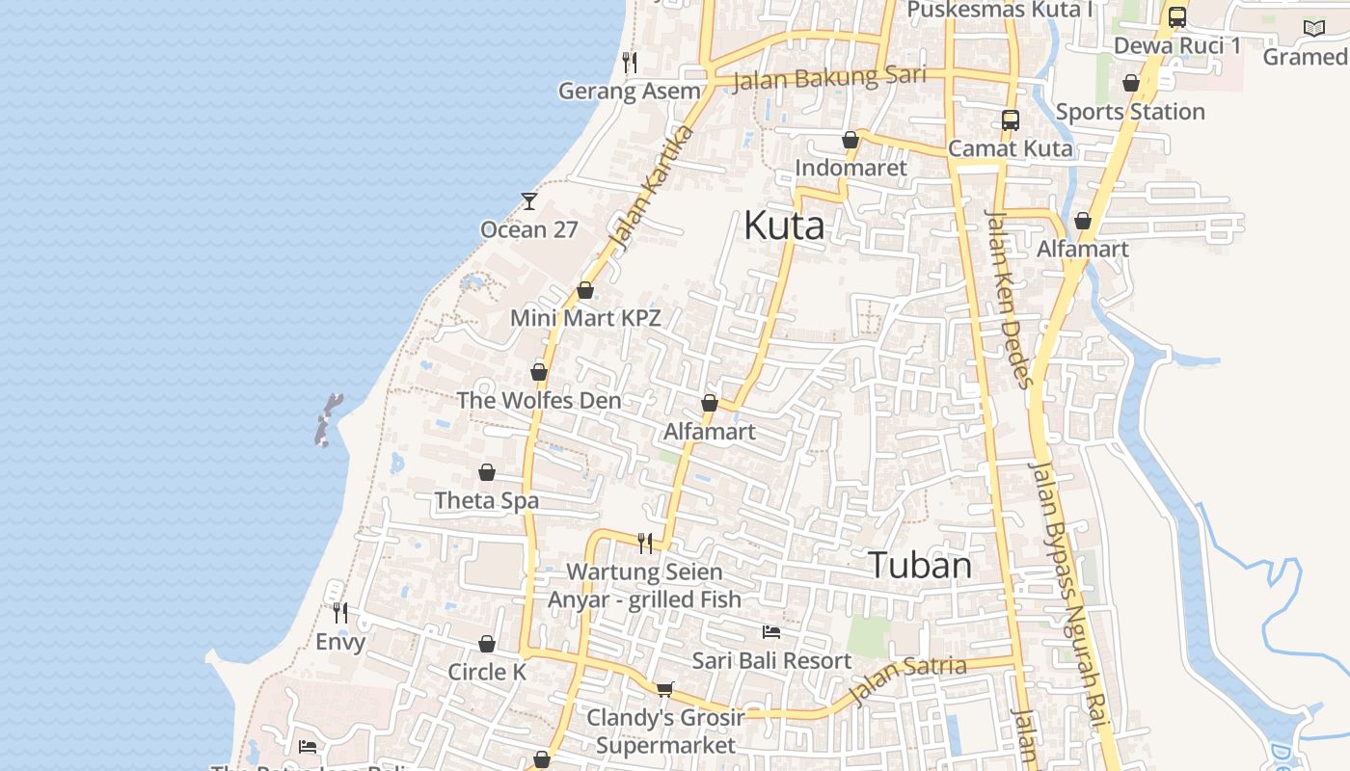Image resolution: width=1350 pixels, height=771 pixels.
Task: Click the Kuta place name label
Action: (x=784, y=226)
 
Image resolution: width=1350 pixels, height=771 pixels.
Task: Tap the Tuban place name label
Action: (x=920, y=565)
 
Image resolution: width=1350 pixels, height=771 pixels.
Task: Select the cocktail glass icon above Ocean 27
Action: (x=529, y=200)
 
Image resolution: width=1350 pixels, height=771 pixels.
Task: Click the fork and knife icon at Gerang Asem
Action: (x=630, y=63)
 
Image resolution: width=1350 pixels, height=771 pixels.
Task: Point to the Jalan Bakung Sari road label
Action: (x=829, y=77)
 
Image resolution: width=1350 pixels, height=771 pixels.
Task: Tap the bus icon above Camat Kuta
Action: (x=1010, y=120)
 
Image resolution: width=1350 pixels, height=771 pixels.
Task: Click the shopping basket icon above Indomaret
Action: (x=850, y=140)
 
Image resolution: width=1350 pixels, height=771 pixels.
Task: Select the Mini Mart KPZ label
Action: (x=585, y=317)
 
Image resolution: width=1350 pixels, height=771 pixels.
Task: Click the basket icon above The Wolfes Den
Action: (x=539, y=372)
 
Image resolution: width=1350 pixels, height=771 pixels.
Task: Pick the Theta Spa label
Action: (x=486, y=500)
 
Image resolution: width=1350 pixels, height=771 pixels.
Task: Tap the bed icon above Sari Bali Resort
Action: (x=771, y=632)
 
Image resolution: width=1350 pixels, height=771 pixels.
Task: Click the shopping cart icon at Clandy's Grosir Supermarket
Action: (x=664, y=688)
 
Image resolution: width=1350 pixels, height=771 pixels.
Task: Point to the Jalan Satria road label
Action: (x=907, y=680)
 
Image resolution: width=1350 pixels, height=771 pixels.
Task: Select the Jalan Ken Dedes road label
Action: (x=1008, y=299)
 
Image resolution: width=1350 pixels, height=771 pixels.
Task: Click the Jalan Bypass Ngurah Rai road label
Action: (x=1070, y=598)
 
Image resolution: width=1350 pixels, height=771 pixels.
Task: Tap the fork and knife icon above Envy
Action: (x=340, y=612)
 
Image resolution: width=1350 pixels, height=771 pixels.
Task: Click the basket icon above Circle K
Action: (x=487, y=644)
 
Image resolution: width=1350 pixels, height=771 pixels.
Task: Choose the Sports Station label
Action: (x=1130, y=112)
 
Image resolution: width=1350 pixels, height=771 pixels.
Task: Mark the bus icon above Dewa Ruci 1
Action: (x=1177, y=17)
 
